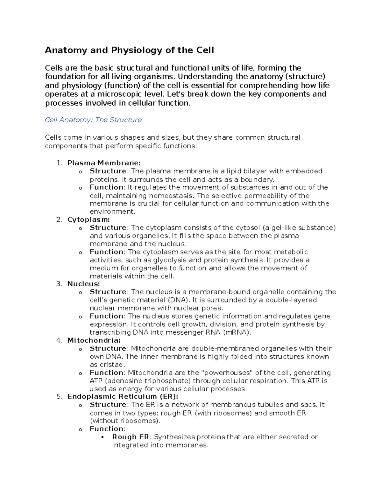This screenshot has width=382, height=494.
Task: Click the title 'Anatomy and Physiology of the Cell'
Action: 129,50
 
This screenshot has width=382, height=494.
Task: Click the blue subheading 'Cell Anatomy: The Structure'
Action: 93,120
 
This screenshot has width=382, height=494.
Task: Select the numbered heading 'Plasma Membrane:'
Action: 104,163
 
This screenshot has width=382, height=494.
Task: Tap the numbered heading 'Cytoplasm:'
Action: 88,219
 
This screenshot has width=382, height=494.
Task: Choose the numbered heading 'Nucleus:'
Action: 83,284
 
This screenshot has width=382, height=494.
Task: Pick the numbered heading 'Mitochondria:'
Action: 94,340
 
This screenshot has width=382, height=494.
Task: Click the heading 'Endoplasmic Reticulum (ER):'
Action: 123,397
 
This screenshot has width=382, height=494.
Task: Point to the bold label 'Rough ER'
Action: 131,437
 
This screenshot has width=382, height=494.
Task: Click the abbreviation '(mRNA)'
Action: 237,332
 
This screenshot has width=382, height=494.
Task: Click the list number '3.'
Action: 60,284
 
